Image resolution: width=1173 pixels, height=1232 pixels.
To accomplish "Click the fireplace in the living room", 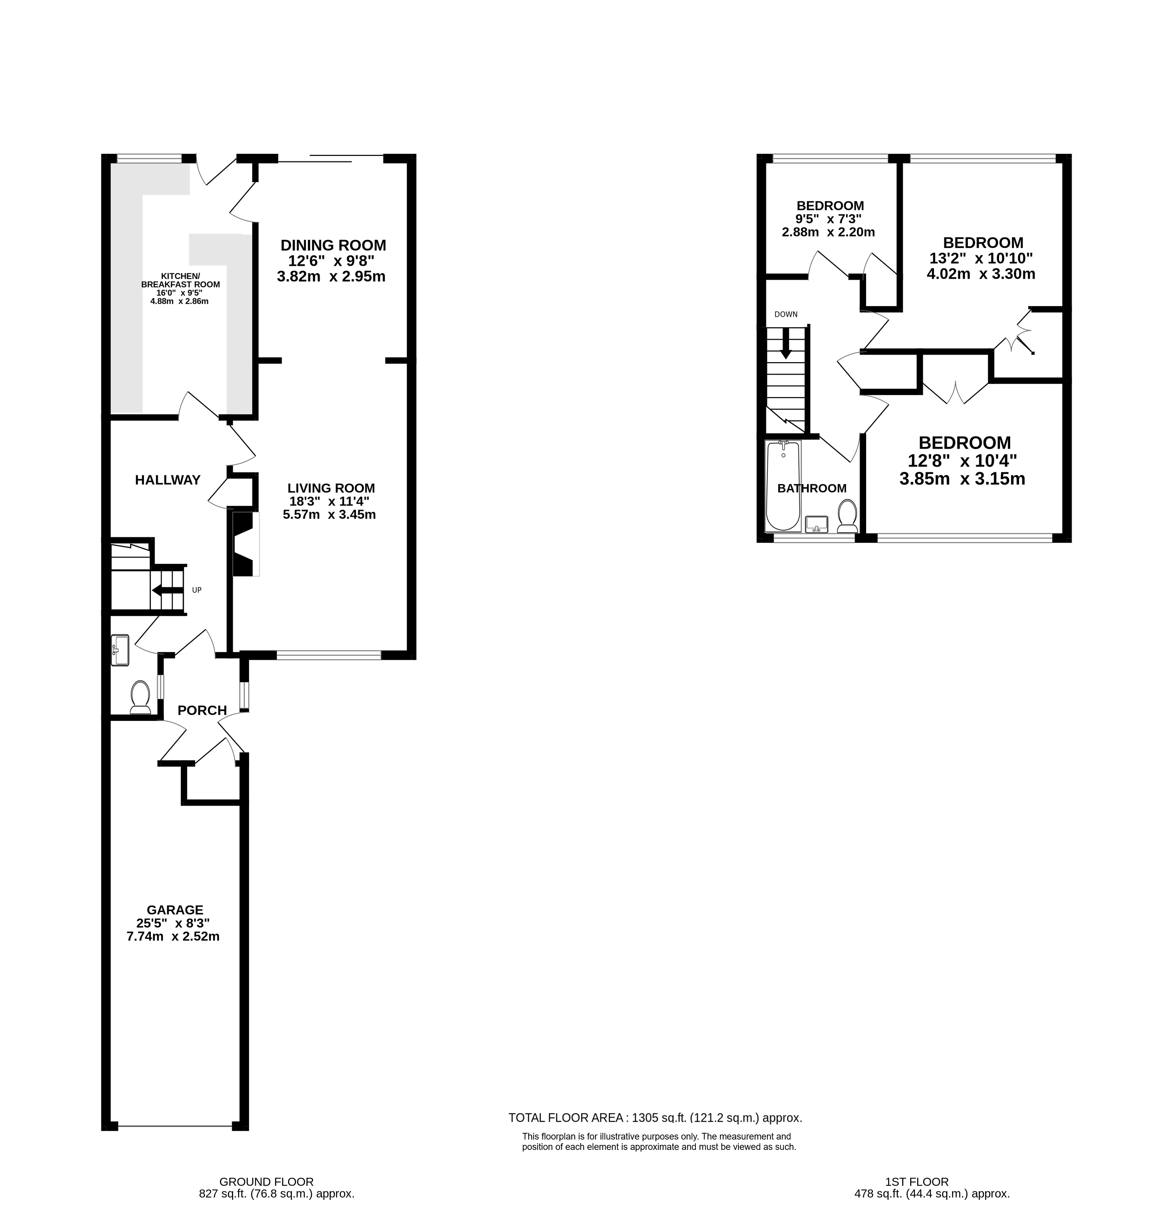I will tap(245, 544).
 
